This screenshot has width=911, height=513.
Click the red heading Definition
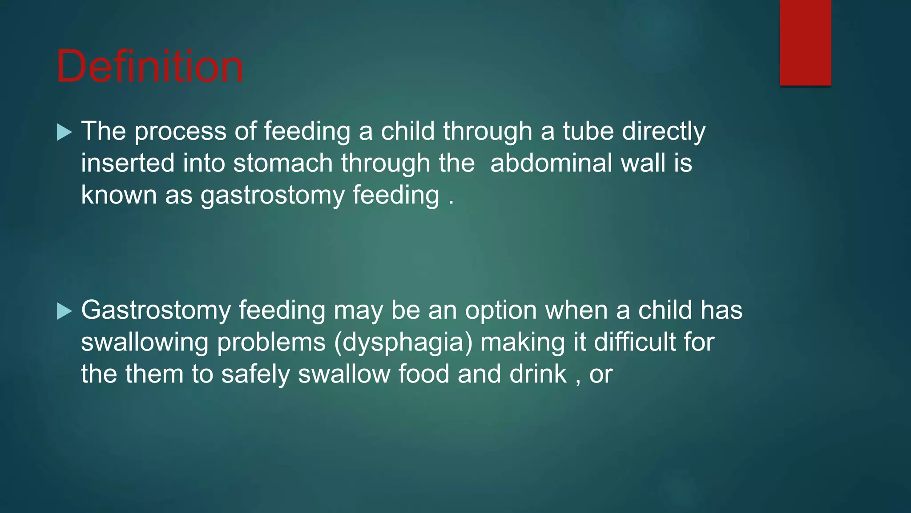tap(150, 67)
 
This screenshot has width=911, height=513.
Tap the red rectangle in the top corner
tap(805, 43)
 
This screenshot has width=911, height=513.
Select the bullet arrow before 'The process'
tap(64, 132)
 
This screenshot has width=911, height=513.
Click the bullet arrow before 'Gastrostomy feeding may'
tap(64, 311)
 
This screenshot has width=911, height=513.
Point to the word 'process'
tap(180, 132)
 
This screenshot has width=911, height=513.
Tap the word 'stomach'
tap(283, 163)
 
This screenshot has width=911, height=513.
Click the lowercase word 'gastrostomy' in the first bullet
tap(272, 196)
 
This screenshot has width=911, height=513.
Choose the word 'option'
tap(501, 310)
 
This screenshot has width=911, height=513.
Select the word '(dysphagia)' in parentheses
tap(403, 343)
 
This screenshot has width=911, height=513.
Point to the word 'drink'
tap(538, 374)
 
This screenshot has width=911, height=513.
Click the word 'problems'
tap(271, 343)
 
